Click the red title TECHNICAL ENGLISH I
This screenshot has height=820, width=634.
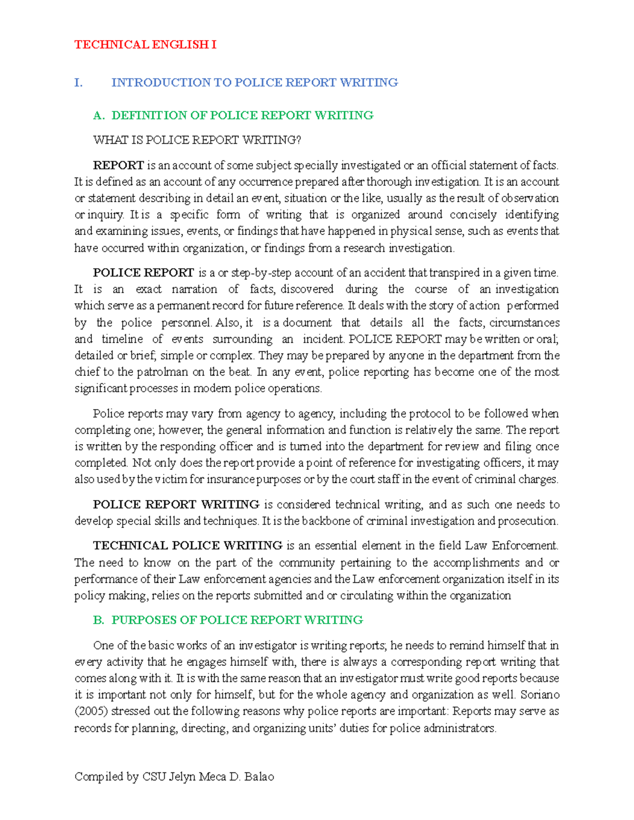point(145,45)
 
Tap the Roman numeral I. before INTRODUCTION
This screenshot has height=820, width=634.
point(78,83)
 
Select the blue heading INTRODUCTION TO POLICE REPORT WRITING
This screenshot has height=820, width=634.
point(254,83)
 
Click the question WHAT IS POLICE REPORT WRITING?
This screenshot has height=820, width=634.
point(197,140)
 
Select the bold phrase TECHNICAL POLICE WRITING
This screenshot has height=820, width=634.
point(188,546)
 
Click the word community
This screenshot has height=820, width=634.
point(307,563)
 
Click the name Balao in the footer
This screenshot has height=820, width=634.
point(259,777)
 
